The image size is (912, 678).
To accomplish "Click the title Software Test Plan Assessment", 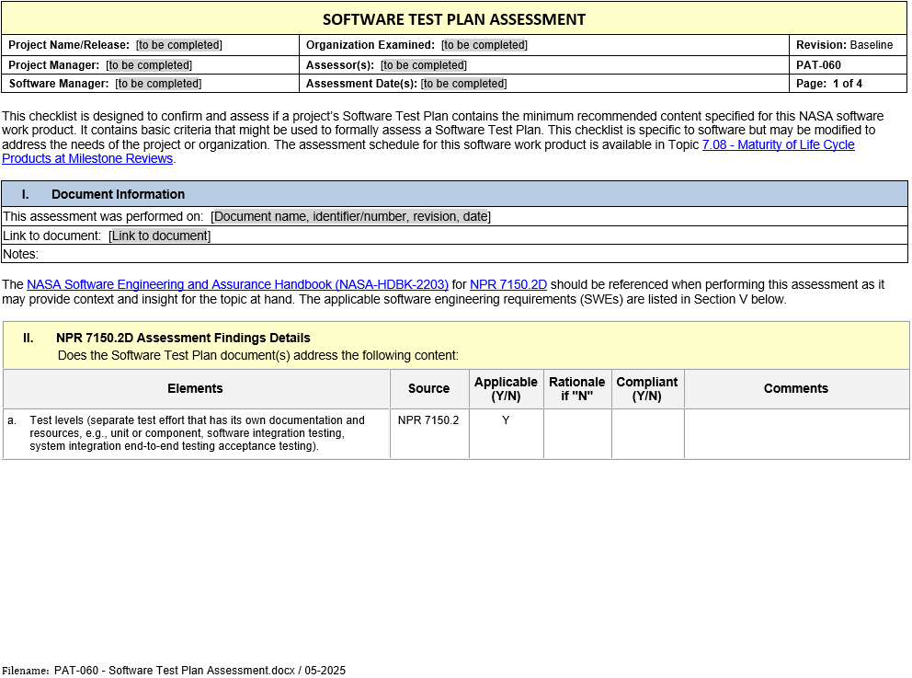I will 454,19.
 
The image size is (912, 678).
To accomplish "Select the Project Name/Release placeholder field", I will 179,45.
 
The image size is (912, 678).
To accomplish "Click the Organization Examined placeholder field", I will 484,45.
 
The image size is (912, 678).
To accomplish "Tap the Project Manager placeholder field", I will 149,65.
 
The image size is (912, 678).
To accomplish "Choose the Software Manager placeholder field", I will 158,84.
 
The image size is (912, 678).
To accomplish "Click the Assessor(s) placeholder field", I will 424,65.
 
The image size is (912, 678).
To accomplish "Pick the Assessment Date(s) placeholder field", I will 463,84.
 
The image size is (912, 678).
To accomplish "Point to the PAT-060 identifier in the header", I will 818,65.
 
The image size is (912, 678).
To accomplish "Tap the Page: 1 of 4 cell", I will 829,84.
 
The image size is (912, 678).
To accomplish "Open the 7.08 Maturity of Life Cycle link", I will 778,145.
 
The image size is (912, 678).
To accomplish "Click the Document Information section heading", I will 118,194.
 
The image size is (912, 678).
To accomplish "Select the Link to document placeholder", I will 159,236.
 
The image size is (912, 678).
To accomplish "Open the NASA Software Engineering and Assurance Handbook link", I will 237,285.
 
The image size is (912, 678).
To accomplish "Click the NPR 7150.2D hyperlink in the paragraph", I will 507,285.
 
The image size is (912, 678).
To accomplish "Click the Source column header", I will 428,389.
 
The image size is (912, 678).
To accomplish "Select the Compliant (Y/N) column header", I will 646,389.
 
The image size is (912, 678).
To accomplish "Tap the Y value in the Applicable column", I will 506,420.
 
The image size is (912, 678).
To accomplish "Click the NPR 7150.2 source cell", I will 428,420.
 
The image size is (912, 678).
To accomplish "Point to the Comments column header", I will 796,389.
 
